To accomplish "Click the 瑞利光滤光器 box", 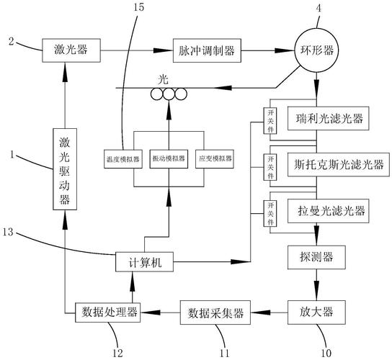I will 328,117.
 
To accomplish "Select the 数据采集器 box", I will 216,312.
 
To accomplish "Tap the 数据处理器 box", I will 107,312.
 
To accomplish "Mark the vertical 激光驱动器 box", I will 64,166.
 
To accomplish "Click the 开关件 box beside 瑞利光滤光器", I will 271,117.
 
